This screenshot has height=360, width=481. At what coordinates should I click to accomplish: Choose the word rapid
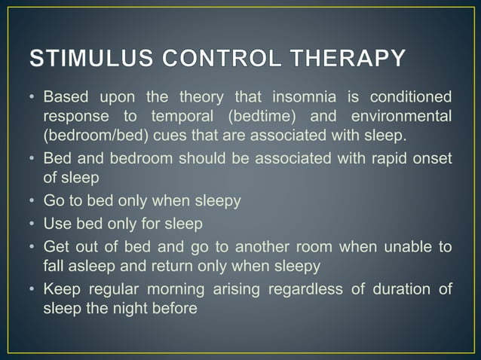[369, 158]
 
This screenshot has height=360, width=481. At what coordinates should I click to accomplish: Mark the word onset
[430, 158]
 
